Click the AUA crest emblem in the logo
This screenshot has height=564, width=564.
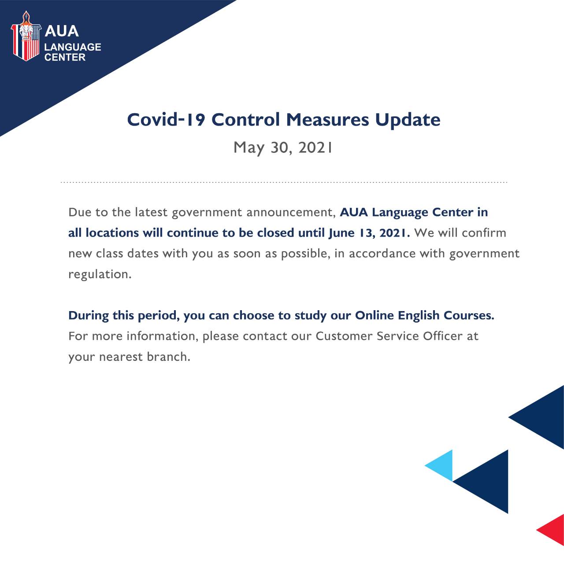[26, 36]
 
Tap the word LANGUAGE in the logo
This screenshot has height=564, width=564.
[73, 47]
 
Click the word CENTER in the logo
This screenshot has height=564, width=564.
[65, 57]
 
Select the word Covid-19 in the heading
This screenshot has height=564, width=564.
[166, 119]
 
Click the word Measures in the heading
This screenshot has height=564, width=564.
[327, 119]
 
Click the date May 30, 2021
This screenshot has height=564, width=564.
[283, 148]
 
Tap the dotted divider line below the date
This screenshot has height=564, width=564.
[284, 182]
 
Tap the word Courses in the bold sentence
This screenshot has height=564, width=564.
[469, 315]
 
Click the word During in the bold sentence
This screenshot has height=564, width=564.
[89, 316]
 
